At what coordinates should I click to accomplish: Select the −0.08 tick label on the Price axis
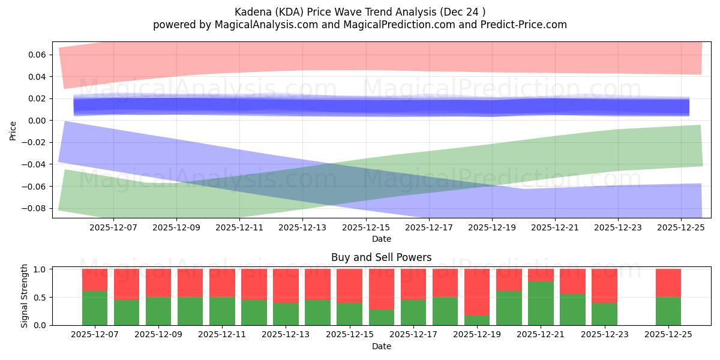37,208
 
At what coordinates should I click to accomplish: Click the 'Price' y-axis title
13,130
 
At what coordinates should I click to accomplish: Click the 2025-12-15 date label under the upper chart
365,228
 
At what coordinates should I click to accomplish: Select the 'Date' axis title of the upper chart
382,239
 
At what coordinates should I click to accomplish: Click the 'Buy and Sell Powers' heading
382,257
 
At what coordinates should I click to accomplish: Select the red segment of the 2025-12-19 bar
477,292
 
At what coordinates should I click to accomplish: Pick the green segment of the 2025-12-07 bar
95,308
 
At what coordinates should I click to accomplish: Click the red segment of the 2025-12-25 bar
668,283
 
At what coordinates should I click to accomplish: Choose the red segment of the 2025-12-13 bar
286,286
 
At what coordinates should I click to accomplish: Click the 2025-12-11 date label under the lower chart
222,335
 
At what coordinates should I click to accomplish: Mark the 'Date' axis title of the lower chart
382,346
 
